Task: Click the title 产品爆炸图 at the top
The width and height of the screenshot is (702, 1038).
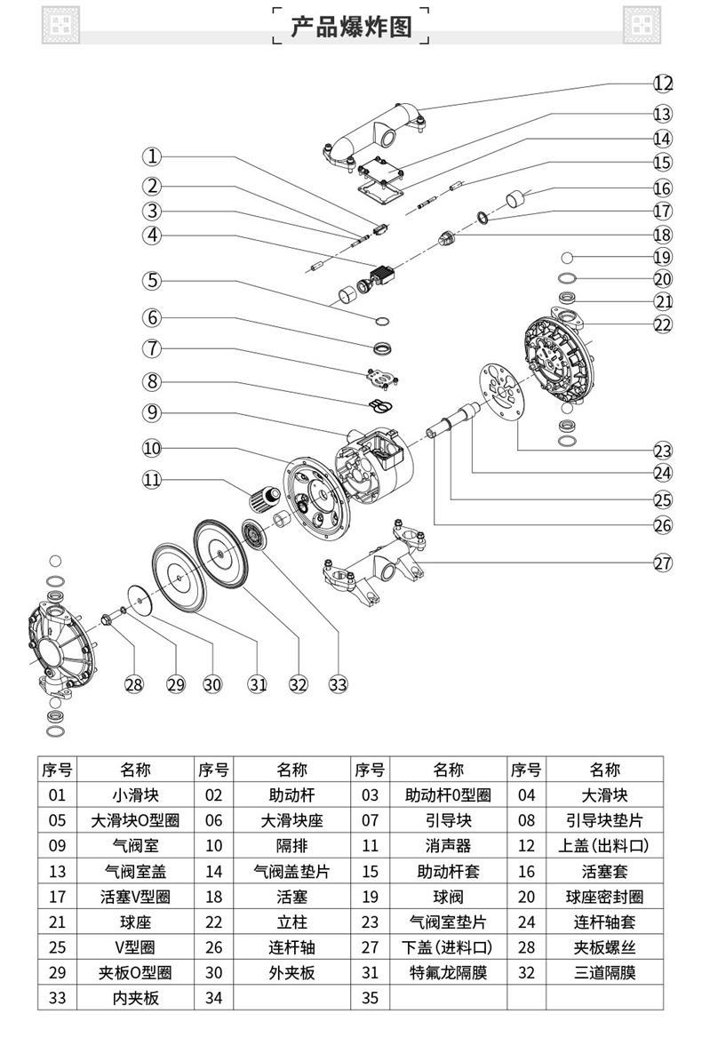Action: point(351,26)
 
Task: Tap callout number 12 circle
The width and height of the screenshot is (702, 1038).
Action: point(663,84)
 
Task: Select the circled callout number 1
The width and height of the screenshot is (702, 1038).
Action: point(153,156)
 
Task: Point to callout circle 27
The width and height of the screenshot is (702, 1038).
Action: point(663,563)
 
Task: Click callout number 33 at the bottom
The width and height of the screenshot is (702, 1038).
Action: point(338,683)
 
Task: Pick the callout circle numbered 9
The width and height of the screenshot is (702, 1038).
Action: point(153,412)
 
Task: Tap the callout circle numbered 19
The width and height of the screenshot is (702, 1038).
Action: point(663,257)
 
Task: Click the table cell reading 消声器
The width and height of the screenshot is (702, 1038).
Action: point(449,845)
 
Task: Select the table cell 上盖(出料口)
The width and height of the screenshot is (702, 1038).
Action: point(604,845)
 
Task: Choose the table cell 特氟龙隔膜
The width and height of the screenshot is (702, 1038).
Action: point(449,973)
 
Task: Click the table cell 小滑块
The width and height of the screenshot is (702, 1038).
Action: point(137,794)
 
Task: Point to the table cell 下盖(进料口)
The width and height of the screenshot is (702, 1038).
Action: point(449,947)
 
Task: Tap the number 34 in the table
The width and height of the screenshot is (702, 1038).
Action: point(214,998)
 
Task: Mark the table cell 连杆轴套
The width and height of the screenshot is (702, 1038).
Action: point(604,922)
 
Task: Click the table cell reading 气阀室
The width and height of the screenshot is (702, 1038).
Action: point(137,845)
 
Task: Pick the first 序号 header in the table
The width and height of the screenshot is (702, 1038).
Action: point(58,770)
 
